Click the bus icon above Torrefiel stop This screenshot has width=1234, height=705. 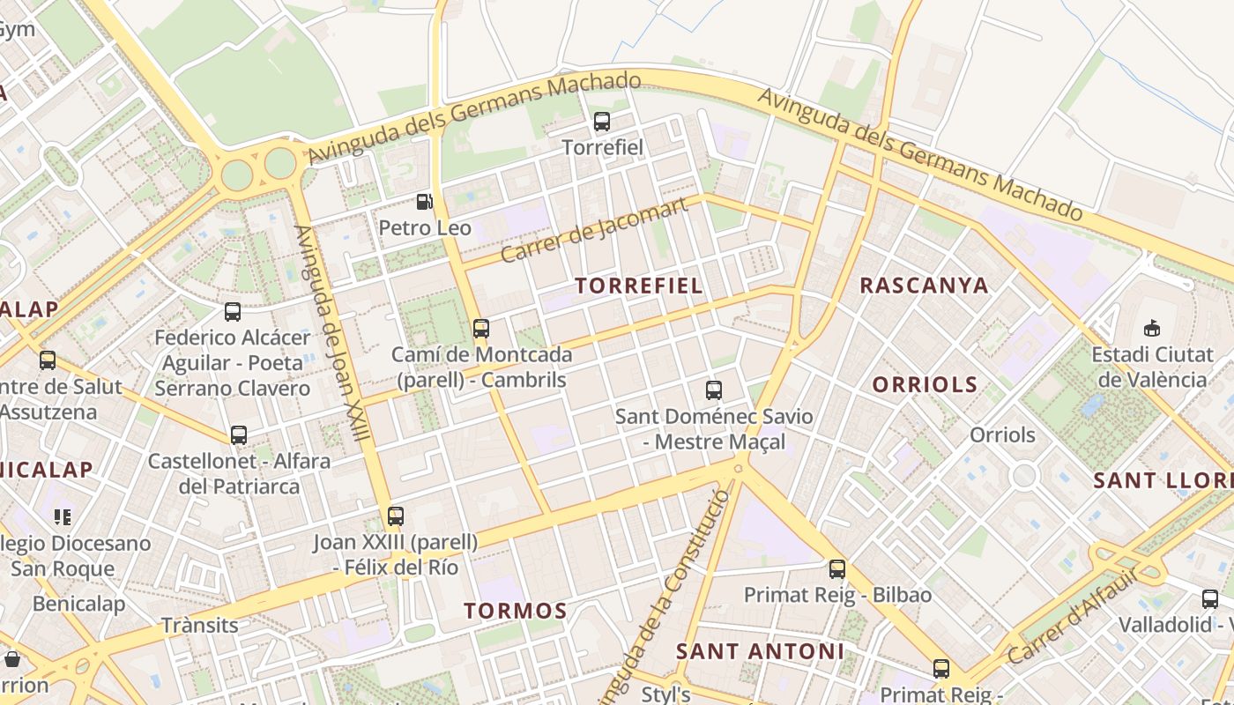pos(602,122)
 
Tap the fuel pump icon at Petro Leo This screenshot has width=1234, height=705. pos(424,202)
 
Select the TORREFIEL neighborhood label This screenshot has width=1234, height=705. pos(639,286)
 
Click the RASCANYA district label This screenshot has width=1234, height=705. pos(924,286)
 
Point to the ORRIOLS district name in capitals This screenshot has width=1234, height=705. pos(925,384)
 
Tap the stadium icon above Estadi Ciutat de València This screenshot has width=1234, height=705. pos(1151,329)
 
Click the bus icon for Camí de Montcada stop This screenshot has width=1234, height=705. pos(480,329)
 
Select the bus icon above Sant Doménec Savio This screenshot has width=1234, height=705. pos(714,390)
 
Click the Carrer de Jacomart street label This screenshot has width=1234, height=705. pos(593,231)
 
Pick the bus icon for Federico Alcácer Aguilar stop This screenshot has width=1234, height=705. pos(233,311)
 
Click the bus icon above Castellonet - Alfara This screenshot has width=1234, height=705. pos(239,434)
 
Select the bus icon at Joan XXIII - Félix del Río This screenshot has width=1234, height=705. pos(396,516)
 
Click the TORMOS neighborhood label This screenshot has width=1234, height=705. pos(516,611)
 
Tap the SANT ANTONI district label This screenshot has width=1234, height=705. pos(760,651)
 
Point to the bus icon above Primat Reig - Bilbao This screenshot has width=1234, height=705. pos(837,569)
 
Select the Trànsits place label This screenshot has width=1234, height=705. pos(200,626)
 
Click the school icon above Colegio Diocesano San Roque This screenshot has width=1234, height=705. pos(62,516)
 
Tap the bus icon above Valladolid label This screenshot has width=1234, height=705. pos(1210,599)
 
